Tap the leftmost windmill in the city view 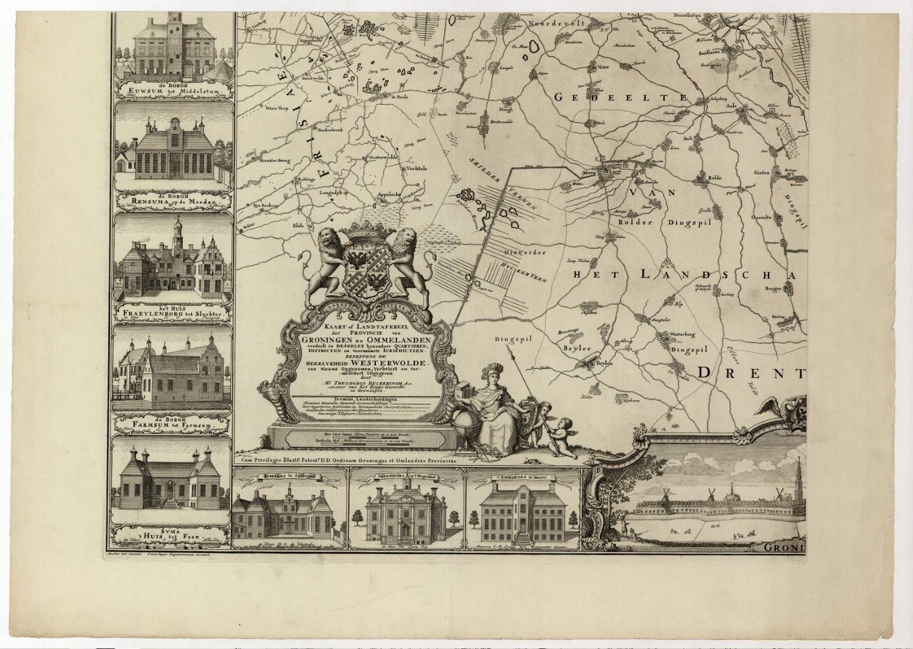pos(666,494)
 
